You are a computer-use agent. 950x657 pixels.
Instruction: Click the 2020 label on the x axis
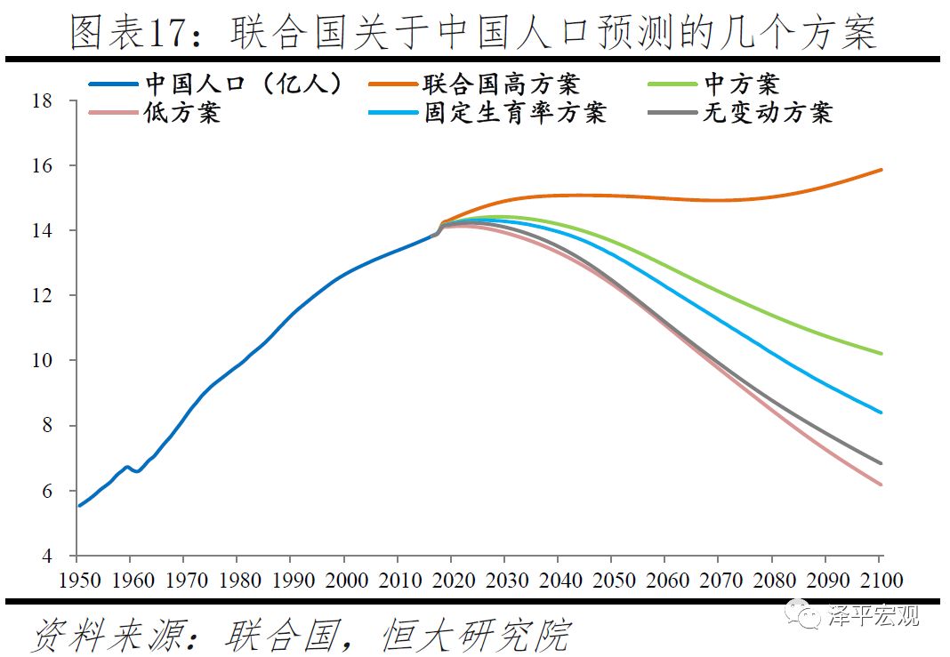pos(452,581)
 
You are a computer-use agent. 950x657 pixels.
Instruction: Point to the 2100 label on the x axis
pos(880,581)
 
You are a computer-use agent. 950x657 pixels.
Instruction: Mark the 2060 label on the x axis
pos(666,581)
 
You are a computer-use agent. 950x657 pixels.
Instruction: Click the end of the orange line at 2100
pos(881,170)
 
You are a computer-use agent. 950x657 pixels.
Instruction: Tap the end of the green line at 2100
pos(881,354)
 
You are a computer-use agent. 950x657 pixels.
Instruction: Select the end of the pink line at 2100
pos(881,485)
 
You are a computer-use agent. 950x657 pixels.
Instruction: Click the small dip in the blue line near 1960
pos(137,471)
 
